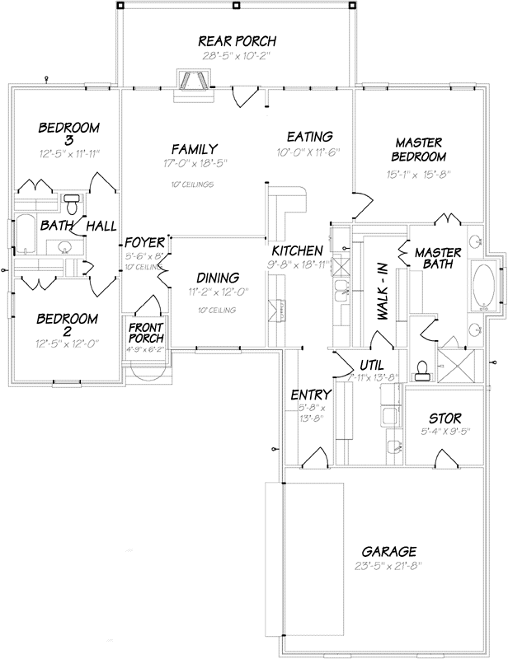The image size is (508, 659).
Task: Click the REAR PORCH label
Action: pos(237,41)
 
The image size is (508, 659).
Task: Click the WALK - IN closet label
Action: pos(383,287)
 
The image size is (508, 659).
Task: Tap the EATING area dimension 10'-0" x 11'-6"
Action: pos(309,152)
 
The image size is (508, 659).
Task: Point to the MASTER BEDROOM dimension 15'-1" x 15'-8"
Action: pos(419,173)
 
